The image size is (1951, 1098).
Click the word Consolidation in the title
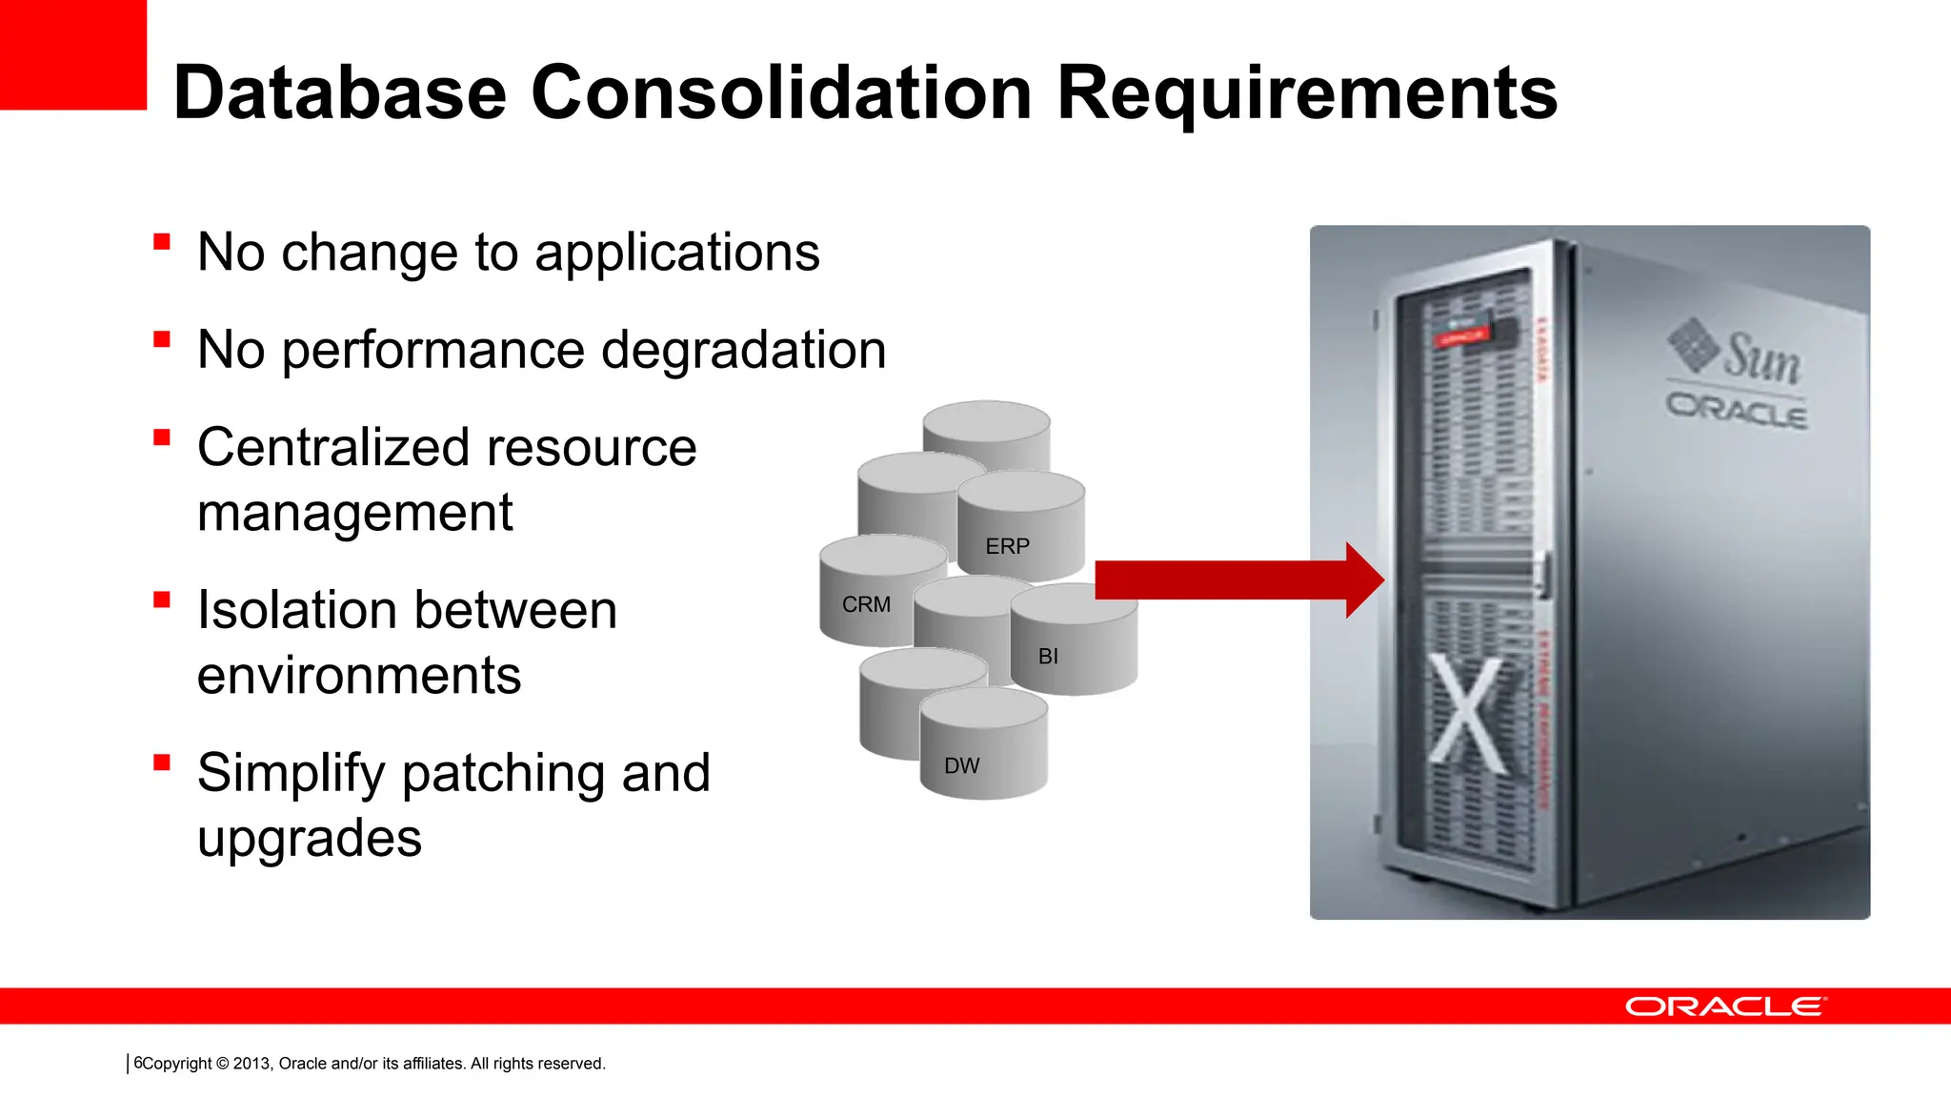point(780,93)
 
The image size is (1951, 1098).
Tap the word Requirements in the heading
point(1307,93)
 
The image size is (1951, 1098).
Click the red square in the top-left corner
point(72,54)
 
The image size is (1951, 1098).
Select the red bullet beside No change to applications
point(162,242)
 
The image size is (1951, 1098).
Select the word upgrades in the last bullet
point(309,839)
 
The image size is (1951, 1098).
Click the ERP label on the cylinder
point(1007,546)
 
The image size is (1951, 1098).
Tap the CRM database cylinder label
point(866,604)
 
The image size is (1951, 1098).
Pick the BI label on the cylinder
point(1048,657)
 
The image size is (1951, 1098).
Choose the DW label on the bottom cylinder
point(961,766)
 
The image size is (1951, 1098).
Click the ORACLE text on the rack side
point(1736,410)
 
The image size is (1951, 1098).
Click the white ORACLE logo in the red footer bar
point(1725,1006)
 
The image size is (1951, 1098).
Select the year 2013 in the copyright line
point(251,1064)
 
